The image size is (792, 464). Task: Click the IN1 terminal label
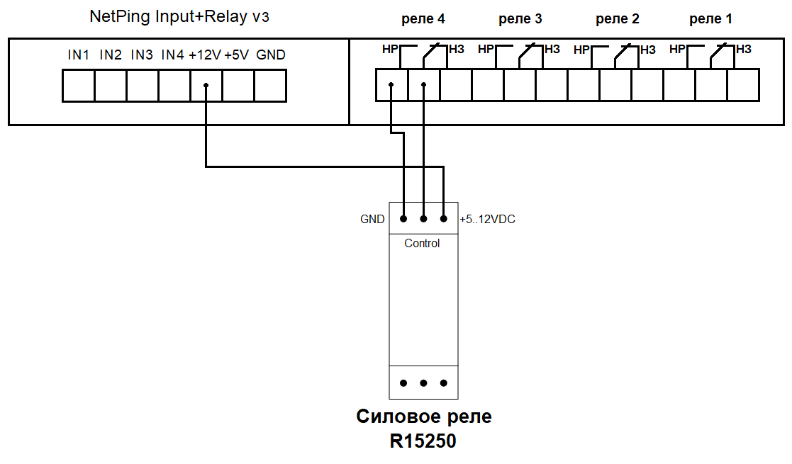pyautogui.click(x=78, y=55)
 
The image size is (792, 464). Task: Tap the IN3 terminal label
pyautogui.click(x=142, y=55)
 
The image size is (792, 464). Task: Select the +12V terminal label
pyautogui.click(x=205, y=55)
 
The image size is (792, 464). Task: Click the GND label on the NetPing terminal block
pyautogui.click(x=271, y=55)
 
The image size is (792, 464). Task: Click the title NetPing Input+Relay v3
pyautogui.click(x=179, y=17)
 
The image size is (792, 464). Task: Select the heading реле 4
pyautogui.click(x=423, y=19)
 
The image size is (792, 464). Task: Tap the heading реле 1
pyautogui.click(x=710, y=19)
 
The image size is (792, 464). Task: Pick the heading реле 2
pyautogui.click(x=617, y=19)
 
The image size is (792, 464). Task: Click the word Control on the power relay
pyautogui.click(x=422, y=243)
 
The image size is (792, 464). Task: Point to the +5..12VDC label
pyautogui.click(x=488, y=220)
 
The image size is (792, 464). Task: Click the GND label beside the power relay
pyautogui.click(x=372, y=220)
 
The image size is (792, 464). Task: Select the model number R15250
pyautogui.click(x=423, y=442)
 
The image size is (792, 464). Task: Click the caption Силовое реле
pyautogui.click(x=423, y=417)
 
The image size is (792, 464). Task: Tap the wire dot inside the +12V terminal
pyautogui.click(x=206, y=86)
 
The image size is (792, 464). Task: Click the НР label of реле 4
pyautogui.click(x=390, y=49)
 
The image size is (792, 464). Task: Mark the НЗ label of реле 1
pyautogui.click(x=744, y=49)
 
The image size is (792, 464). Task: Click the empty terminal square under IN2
pyautogui.click(x=110, y=86)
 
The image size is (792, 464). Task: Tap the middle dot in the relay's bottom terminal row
pyautogui.click(x=423, y=383)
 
